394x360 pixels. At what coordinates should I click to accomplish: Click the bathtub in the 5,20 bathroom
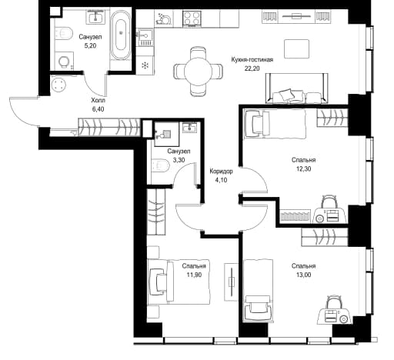pos(121,35)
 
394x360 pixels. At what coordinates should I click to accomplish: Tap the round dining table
pos(198,71)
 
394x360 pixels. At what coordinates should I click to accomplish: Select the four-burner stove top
pos(192,18)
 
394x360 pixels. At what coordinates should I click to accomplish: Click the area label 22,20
pos(252,68)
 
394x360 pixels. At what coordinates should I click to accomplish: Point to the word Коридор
pos(221,171)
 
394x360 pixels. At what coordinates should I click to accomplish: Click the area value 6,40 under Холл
pos(98,109)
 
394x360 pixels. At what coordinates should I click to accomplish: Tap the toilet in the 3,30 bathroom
pos(159,165)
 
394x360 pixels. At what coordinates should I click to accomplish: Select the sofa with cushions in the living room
pos(296,88)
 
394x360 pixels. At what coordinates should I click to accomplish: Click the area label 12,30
pos(303,168)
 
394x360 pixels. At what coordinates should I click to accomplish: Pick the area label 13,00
pos(304,275)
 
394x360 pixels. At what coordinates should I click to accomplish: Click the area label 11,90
pos(194,275)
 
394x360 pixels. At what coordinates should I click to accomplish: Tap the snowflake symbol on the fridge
pos(145,65)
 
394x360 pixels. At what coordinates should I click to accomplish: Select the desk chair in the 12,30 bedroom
pos(329,202)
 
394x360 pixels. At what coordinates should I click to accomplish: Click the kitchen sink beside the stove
pos(145,34)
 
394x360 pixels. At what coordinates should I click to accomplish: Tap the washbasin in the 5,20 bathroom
pos(95,17)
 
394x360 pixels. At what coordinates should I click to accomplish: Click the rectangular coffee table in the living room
pos(296,48)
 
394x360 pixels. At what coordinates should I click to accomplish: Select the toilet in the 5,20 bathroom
pos(63,33)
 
